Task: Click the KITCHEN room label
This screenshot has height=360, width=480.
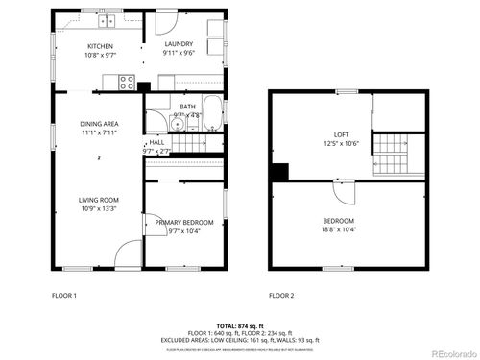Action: click(101, 46)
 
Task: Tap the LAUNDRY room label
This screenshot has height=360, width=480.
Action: click(180, 44)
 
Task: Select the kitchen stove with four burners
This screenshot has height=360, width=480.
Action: click(126, 83)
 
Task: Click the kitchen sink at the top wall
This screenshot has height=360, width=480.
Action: click(105, 19)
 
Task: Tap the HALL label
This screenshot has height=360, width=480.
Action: click(156, 142)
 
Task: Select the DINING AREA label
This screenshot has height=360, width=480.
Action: click(100, 124)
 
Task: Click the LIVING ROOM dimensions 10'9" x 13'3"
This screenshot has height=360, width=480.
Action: click(100, 208)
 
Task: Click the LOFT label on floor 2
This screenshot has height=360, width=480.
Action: click(341, 134)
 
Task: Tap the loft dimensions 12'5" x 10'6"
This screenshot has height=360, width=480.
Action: click(341, 144)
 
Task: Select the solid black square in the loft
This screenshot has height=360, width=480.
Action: click(278, 172)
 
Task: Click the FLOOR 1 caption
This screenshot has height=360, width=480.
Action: click(64, 295)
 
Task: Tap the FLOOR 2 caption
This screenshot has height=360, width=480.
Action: click(281, 295)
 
